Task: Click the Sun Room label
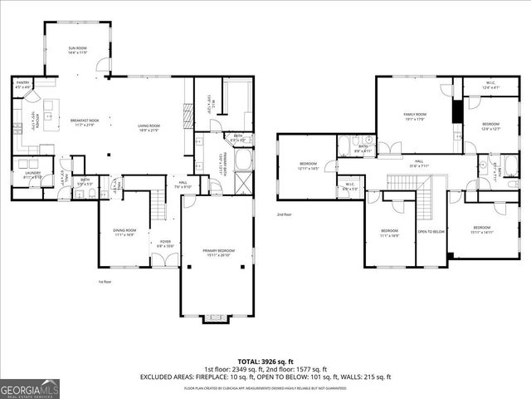[x=77, y=52]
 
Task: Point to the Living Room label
[x=149, y=127]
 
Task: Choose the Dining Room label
[x=124, y=233]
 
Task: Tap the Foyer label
[x=165, y=244]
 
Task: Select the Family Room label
[x=414, y=116]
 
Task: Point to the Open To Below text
[x=431, y=232]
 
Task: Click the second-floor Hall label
[x=419, y=163]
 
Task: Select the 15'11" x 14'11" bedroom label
[x=482, y=230]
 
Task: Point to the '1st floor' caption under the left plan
[x=105, y=282]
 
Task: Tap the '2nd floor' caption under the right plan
[x=285, y=214]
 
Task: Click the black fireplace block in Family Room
[x=455, y=111]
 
